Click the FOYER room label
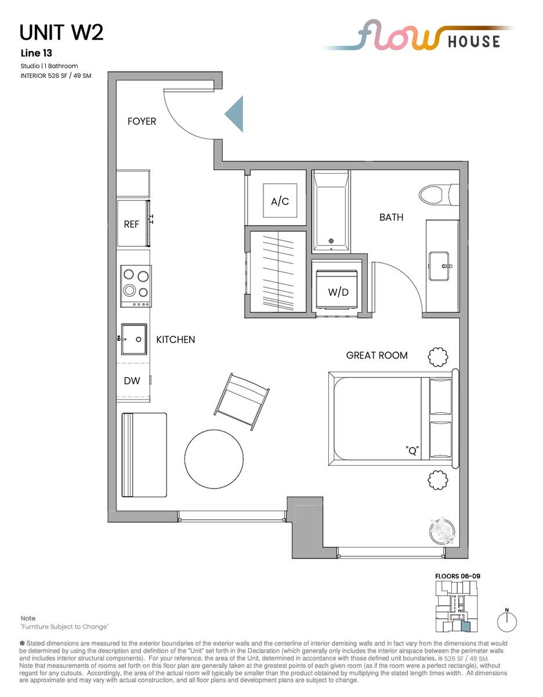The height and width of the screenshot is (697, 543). [142, 121]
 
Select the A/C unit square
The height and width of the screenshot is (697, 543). [280, 201]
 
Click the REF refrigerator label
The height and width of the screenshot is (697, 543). [131, 224]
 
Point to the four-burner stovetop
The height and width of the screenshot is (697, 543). [136, 286]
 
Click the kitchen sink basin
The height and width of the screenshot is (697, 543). [134, 339]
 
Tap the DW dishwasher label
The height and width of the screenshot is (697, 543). [132, 380]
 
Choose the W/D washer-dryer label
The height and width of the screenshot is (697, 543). [338, 292]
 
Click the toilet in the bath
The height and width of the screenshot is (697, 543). [439, 195]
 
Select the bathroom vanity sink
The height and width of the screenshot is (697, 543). [439, 266]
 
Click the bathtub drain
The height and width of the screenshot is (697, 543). [331, 240]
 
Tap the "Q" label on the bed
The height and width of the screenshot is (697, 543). [412, 450]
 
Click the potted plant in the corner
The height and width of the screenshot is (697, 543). [443, 531]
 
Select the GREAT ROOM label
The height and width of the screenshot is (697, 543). [377, 355]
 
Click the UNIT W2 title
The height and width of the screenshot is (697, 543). [61, 33]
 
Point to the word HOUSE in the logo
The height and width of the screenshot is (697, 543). [474, 41]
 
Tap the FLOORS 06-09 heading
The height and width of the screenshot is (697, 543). [458, 576]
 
